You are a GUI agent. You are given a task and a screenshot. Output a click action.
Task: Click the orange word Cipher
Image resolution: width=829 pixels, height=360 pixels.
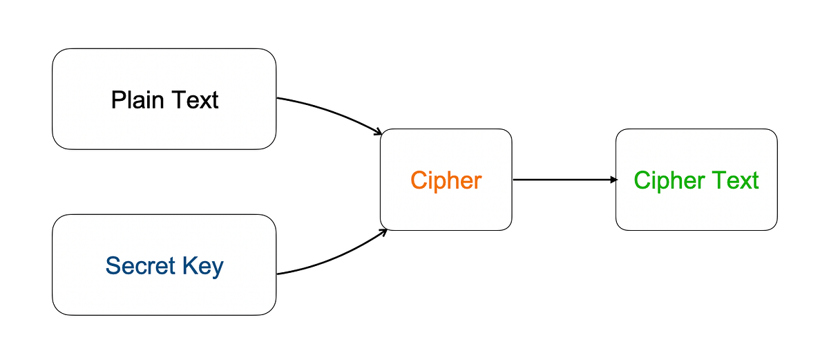pyautogui.click(x=446, y=181)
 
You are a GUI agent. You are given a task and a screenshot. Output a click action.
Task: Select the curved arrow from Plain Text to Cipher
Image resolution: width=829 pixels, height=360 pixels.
pyautogui.click(x=332, y=111)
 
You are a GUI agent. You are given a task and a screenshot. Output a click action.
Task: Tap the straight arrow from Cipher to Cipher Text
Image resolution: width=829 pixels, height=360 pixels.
pyautogui.click(x=563, y=180)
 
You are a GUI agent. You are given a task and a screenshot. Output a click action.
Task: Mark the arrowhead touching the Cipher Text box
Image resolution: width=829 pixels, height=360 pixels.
pyautogui.click(x=613, y=180)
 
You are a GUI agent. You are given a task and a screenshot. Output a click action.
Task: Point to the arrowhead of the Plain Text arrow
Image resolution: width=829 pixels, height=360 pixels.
pyautogui.click(x=378, y=132)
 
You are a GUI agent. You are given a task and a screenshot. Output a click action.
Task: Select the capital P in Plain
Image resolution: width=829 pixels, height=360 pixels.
pyautogui.click(x=118, y=100)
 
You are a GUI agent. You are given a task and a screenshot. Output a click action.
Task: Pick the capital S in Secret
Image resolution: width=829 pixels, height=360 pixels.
pyautogui.click(x=113, y=266)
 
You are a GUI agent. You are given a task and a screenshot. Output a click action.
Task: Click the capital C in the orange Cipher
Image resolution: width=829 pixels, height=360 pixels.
pyautogui.click(x=419, y=181)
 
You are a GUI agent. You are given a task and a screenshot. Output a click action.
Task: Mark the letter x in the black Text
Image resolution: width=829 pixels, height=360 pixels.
pyautogui.click(x=202, y=102)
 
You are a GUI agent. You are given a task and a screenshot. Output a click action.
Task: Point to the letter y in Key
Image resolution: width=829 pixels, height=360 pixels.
pyautogui.click(x=218, y=269)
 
